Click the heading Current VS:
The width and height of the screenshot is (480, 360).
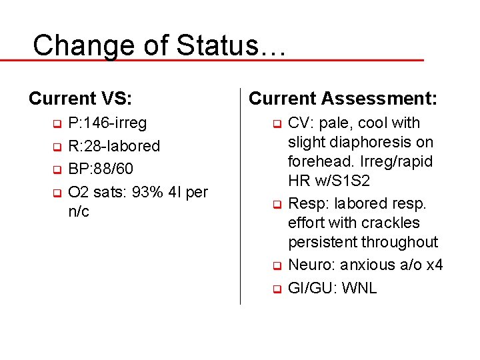(80, 99)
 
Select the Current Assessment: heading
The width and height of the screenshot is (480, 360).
(343, 99)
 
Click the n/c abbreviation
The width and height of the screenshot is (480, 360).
(79, 212)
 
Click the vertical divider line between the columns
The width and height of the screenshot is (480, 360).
(240, 200)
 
